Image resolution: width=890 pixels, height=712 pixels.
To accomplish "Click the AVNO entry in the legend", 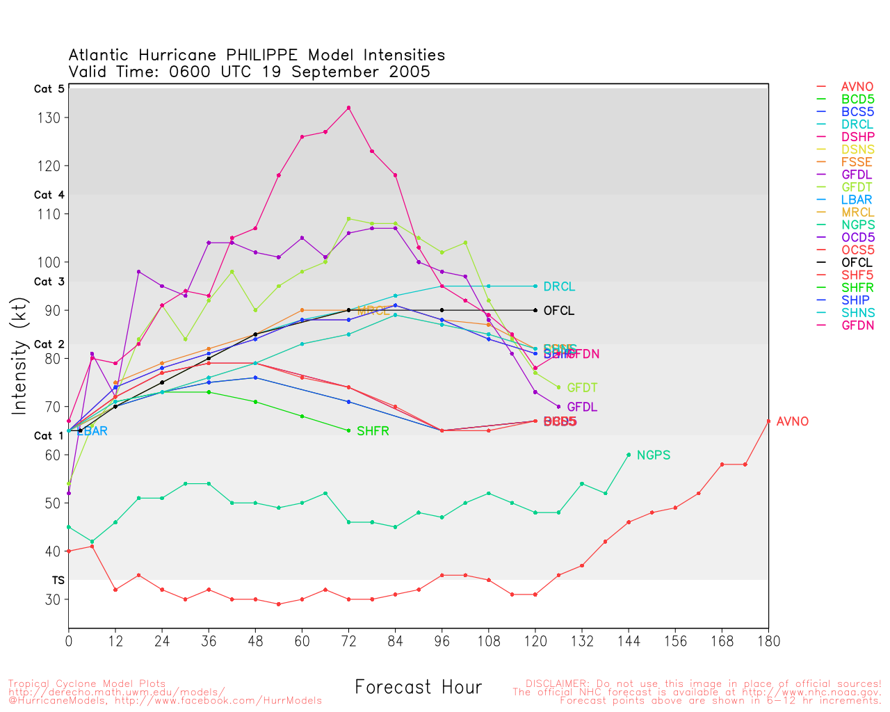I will (x=857, y=87).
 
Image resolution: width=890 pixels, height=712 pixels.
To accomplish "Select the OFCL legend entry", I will (x=857, y=263).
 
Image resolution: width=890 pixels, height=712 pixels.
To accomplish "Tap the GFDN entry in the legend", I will (x=857, y=325).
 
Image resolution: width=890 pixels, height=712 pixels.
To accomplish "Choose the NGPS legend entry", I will (x=857, y=225).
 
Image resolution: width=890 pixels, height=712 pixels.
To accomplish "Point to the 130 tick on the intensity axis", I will (x=49, y=118).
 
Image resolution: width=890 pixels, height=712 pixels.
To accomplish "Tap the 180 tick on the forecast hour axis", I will (x=768, y=641).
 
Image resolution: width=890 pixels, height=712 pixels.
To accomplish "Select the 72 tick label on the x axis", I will (x=348, y=641).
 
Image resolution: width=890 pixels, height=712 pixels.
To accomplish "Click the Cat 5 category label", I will (x=49, y=89).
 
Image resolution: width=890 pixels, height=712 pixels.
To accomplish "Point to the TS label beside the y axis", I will (x=58, y=580).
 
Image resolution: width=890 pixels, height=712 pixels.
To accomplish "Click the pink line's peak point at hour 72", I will (x=348, y=108).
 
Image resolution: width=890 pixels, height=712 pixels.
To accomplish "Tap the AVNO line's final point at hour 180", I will (x=768, y=421).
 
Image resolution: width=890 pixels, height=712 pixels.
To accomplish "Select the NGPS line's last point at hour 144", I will (x=629, y=455).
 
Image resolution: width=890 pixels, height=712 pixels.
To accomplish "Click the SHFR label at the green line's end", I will (x=373, y=432).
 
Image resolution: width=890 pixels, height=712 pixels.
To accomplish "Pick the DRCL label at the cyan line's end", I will (x=559, y=287).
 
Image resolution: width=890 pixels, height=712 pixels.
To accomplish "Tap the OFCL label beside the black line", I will (x=559, y=311).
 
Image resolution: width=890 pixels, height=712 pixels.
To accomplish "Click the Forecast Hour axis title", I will (x=418, y=688).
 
